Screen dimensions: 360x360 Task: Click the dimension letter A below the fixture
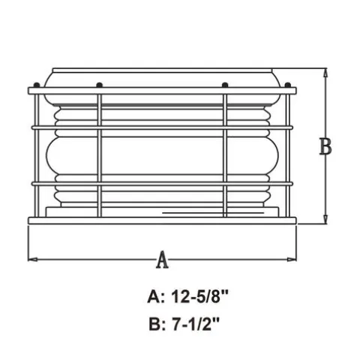click(x=163, y=260)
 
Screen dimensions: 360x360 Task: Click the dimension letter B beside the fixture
click(x=325, y=146)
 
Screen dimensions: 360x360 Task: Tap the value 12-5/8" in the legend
click(x=199, y=297)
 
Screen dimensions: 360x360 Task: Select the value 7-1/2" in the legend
click(x=196, y=324)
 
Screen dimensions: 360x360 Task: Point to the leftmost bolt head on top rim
click(x=37, y=85)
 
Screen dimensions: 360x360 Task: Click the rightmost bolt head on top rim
click(x=288, y=85)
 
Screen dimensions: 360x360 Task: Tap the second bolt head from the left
click(x=99, y=85)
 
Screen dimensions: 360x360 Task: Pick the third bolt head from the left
click(x=225, y=85)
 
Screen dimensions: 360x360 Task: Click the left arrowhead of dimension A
click(x=32, y=259)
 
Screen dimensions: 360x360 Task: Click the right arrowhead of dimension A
click(x=292, y=259)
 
